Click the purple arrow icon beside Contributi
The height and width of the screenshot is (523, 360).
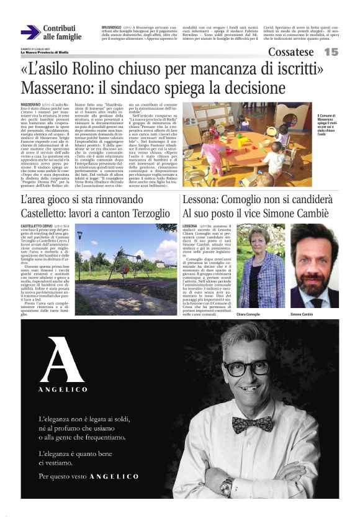[x=30, y=32]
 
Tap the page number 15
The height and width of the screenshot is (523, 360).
[x=331, y=52]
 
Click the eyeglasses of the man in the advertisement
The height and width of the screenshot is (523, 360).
[x=246, y=368]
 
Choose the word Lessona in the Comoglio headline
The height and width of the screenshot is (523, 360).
[x=202, y=201]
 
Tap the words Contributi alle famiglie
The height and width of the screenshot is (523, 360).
[x=62, y=32]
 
